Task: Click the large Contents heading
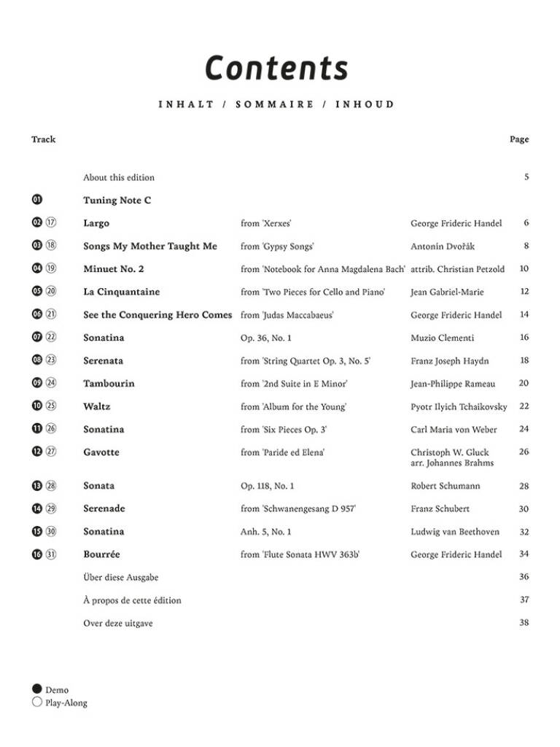[276, 68]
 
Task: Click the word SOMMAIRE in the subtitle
[275, 104]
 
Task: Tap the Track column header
[43, 139]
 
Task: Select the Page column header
[519, 139]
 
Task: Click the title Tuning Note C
[117, 201]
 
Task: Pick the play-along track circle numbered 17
[51, 223]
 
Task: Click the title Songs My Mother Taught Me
[150, 247]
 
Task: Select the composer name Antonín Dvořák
[443, 247]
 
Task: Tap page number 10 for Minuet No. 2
[524, 269]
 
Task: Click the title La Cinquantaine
[122, 292]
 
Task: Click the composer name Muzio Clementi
[443, 338]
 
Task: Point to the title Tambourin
[109, 384]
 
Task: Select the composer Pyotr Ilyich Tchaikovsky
[459, 406]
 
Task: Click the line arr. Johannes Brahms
[452, 463]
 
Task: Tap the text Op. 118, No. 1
[268, 486]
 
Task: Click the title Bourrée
[101, 554]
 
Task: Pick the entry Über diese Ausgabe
[121, 577]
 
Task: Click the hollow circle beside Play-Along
[37, 703]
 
